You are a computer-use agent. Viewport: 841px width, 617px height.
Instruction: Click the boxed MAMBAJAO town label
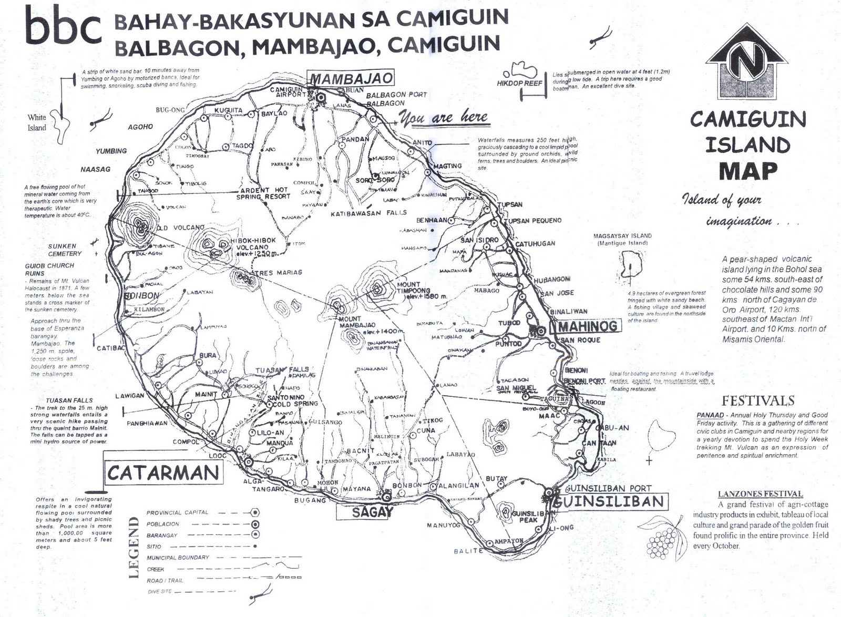351,78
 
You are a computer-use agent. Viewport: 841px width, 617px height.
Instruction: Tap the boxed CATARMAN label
163,472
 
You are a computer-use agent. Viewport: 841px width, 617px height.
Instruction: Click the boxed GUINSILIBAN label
610,501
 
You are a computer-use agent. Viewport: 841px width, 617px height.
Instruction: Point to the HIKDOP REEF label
519,83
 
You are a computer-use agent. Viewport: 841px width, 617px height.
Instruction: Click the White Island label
37,122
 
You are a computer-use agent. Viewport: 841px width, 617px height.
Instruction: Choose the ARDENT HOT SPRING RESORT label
263,193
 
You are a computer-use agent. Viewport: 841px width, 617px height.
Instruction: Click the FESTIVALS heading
757,400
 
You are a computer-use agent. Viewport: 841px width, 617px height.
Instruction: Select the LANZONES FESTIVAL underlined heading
760,493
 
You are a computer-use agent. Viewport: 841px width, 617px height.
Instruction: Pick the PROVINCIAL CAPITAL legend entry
177,512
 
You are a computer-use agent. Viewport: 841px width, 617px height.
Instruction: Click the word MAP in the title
747,171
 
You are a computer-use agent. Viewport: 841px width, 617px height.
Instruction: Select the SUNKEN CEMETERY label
62,250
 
